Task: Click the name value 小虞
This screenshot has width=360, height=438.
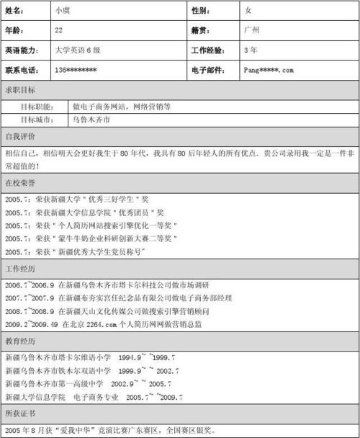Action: click(62, 12)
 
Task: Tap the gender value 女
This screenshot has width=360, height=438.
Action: click(248, 12)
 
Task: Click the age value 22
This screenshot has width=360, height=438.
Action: click(59, 31)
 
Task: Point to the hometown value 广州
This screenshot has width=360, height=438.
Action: click(251, 31)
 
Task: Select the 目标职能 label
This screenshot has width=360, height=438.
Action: click(36, 106)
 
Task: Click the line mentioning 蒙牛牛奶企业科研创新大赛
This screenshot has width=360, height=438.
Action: click(91, 238)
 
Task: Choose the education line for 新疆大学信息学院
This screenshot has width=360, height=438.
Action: click(94, 397)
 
